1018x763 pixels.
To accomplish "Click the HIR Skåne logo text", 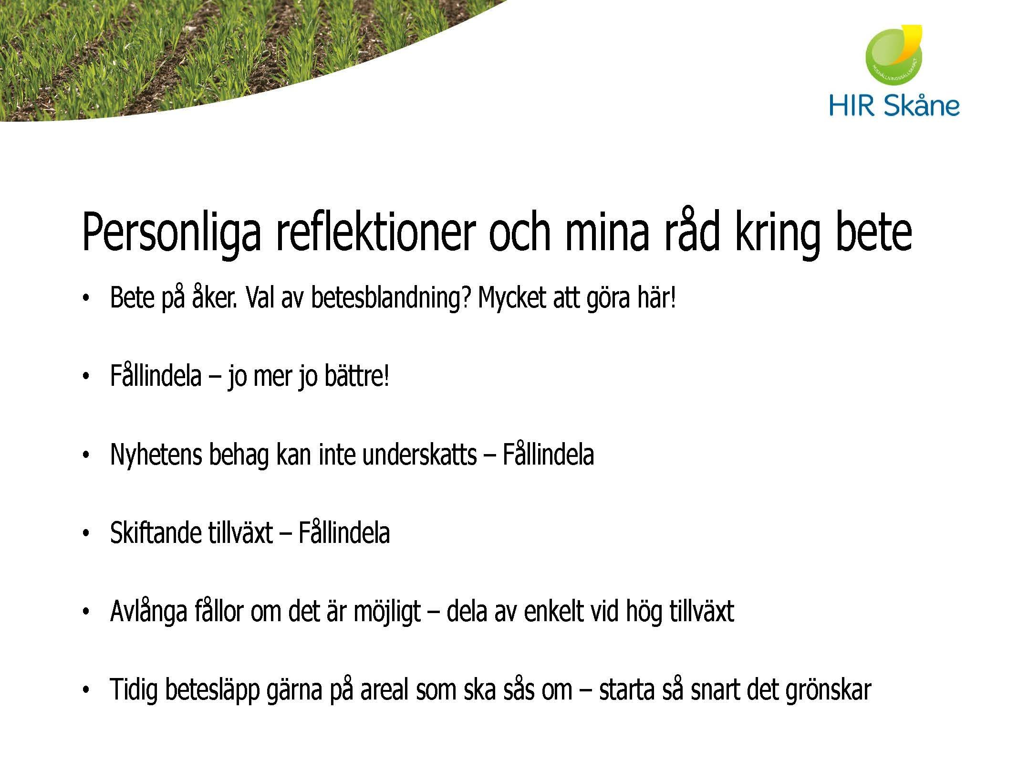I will [894, 106].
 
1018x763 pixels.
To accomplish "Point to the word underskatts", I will [419, 454].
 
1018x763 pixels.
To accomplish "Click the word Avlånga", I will [148, 612].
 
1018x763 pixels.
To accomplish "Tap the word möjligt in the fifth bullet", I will [387, 612].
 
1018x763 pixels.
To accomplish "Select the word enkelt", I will [553, 611].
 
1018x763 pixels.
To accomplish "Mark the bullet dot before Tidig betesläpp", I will [86, 690].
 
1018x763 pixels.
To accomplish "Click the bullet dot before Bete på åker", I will [86, 299].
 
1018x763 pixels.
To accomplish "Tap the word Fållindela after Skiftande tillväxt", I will [344, 533].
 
